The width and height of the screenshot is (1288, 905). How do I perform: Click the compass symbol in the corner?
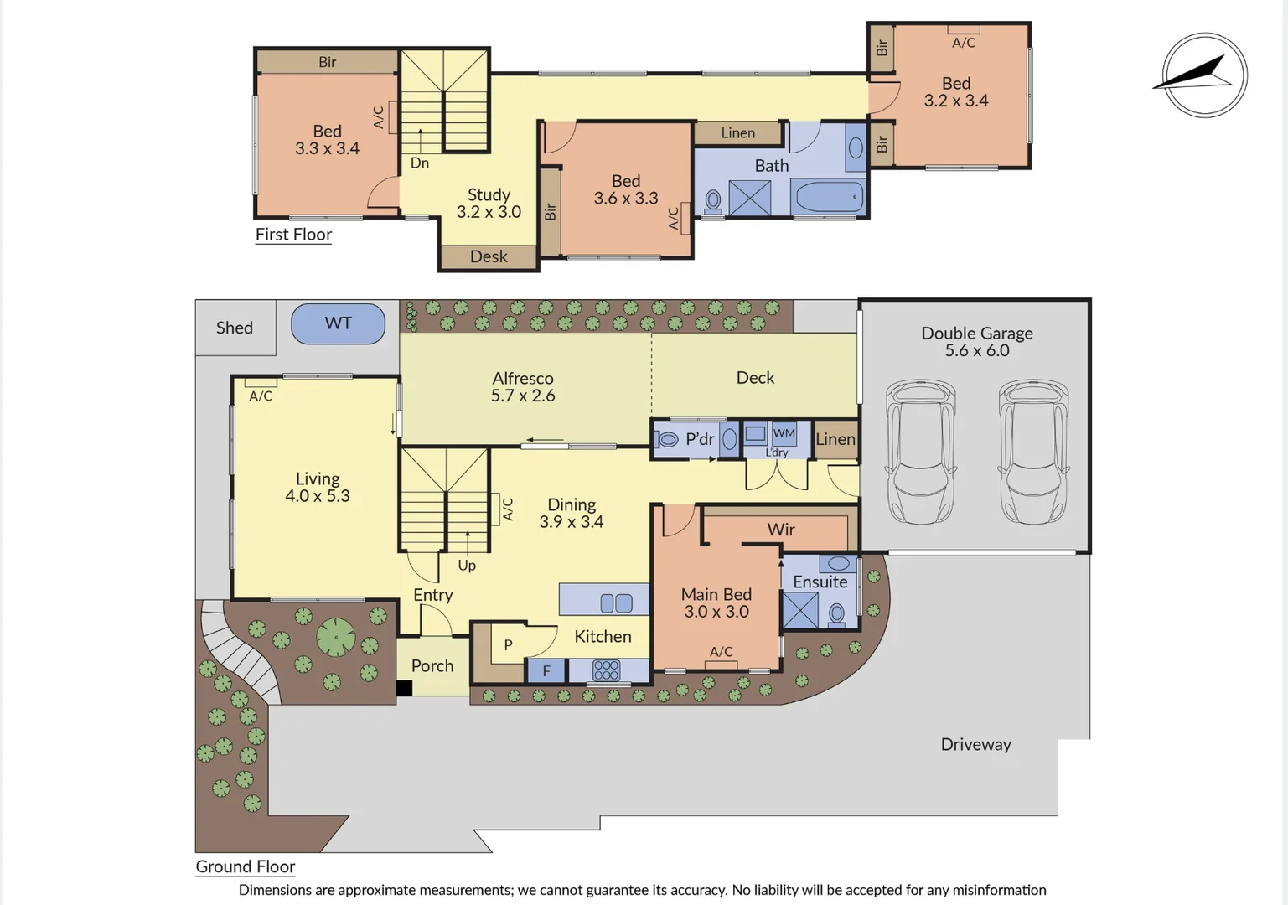(x=1204, y=75)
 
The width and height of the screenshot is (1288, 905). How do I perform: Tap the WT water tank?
(x=339, y=323)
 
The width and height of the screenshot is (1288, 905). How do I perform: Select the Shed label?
(x=234, y=328)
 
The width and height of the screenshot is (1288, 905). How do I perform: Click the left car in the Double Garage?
(x=920, y=452)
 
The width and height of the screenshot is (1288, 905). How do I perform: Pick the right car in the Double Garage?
(x=1032, y=452)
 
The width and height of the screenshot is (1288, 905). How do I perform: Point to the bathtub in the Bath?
(x=828, y=198)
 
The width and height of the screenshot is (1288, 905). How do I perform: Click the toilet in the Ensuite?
(x=836, y=614)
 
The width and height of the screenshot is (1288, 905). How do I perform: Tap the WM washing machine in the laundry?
(x=784, y=433)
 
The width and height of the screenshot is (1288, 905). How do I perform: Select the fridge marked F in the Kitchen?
(x=546, y=670)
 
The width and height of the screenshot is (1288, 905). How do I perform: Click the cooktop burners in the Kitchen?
(x=606, y=670)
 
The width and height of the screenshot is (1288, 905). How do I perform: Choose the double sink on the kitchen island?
(x=617, y=602)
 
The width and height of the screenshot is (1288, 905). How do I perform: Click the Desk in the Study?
(x=489, y=257)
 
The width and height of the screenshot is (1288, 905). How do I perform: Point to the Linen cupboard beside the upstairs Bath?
(x=737, y=133)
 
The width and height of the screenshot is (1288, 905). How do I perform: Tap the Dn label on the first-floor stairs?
(x=420, y=163)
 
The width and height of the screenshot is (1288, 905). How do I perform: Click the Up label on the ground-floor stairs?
(x=467, y=566)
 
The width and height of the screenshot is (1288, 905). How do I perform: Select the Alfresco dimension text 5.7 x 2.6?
(x=523, y=396)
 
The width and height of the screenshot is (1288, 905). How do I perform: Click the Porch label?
(x=432, y=666)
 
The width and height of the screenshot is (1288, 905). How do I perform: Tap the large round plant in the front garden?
(x=336, y=638)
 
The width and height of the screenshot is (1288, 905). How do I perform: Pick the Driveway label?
(x=975, y=744)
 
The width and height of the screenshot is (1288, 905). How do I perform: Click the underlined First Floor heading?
(x=293, y=235)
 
